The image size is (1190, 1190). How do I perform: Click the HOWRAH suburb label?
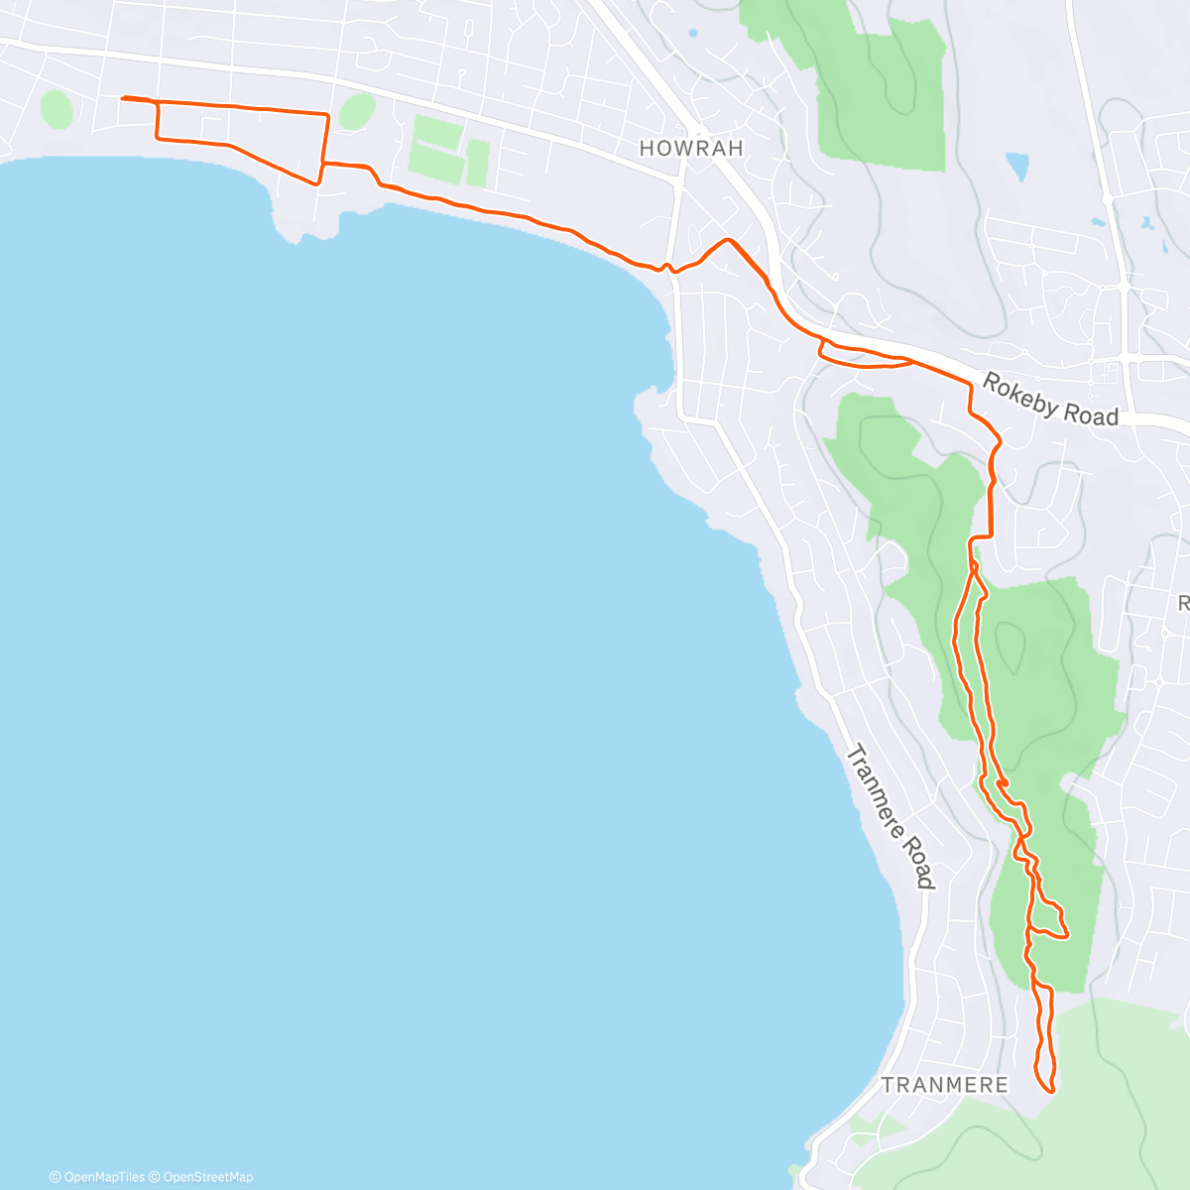pos(691,149)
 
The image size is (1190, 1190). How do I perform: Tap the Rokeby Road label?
pos(1050,400)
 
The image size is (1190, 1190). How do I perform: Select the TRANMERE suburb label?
pos(944,1085)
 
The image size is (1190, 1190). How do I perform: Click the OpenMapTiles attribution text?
pos(97,1177)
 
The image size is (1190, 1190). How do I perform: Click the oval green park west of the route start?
pos(57,109)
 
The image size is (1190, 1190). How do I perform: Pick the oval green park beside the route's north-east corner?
pos(357,111)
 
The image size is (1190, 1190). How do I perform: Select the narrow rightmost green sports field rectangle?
pos(478,163)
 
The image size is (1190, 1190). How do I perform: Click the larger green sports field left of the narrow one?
pos(436,146)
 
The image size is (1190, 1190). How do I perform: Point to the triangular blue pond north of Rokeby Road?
pos(1017,166)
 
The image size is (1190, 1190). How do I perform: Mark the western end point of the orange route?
pos(122,98)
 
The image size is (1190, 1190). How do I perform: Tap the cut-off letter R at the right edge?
pos(1183,603)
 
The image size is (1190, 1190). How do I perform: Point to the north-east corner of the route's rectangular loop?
pos(327,115)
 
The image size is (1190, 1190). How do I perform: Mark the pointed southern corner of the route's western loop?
pos(316,183)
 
